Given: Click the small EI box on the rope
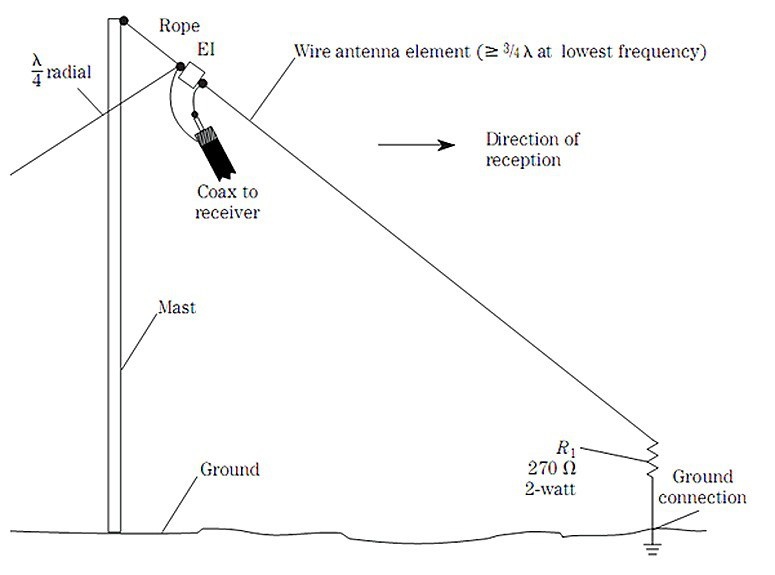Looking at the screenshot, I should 192,72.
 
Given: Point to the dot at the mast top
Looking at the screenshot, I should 123,19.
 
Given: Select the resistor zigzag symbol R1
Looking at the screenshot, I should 651,459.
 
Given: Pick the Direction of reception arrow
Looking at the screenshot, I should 409,146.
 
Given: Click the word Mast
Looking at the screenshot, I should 176,308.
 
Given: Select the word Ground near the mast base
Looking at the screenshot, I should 230,469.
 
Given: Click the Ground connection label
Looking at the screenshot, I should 708,487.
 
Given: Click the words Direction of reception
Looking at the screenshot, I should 531,149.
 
